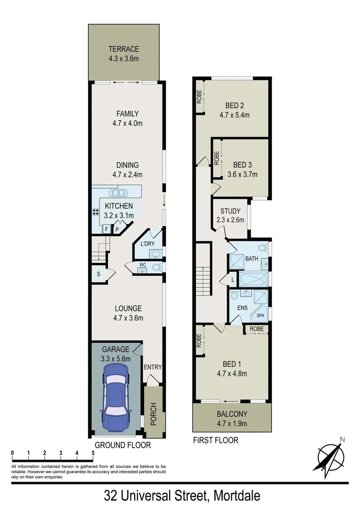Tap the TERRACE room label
pyautogui.click(x=123, y=49)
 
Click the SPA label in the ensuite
pyautogui.click(x=261, y=316)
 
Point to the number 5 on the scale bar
pyautogui.click(x=93, y=453)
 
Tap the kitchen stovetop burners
pyautogui.click(x=96, y=212)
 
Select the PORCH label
pyautogui.click(x=153, y=414)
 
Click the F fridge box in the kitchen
pyautogui.click(x=107, y=230)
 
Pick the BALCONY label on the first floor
pyautogui.click(x=232, y=415)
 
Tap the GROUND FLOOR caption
pyautogui.click(x=123, y=445)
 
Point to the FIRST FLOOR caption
pyautogui.click(x=216, y=441)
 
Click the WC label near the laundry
pyautogui.click(x=142, y=265)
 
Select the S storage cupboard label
pyautogui.click(x=98, y=274)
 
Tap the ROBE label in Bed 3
pyautogui.click(x=217, y=157)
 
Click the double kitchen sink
pyautogui.click(x=117, y=192)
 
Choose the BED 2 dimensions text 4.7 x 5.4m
pyautogui.click(x=234, y=115)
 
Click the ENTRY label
pyautogui.click(x=153, y=367)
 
